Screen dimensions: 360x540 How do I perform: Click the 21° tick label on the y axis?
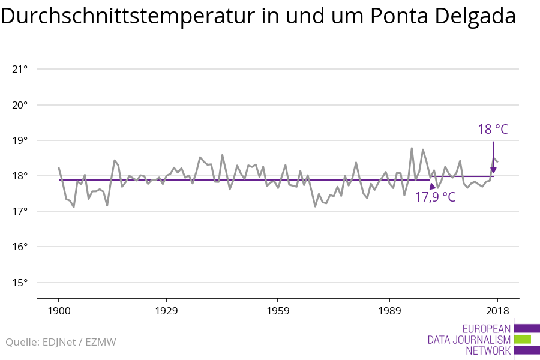[x=20, y=69]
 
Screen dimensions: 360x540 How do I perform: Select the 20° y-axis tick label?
[x=20, y=105]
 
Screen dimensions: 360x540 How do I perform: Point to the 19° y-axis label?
[x=20, y=140]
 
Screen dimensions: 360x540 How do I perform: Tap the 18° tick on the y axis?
[x=20, y=176]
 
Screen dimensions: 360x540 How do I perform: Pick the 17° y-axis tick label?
[x=20, y=211]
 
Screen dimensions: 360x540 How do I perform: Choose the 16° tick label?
[x=20, y=247]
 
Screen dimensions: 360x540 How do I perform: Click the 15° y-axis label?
[x=20, y=283]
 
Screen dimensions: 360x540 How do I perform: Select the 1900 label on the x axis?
[x=59, y=311]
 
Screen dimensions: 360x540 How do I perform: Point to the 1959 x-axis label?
[x=278, y=311]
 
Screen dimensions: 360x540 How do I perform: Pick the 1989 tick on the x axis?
[x=389, y=311]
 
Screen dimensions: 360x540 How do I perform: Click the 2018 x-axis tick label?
[x=497, y=311]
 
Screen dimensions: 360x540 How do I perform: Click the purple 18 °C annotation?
[x=493, y=129]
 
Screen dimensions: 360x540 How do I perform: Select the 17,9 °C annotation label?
[x=434, y=197]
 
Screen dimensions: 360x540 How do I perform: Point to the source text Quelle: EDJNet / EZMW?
[x=61, y=342]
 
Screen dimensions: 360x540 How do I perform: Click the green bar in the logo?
[x=523, y=339]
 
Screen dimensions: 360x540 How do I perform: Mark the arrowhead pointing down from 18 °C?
[x=493, y=170]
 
